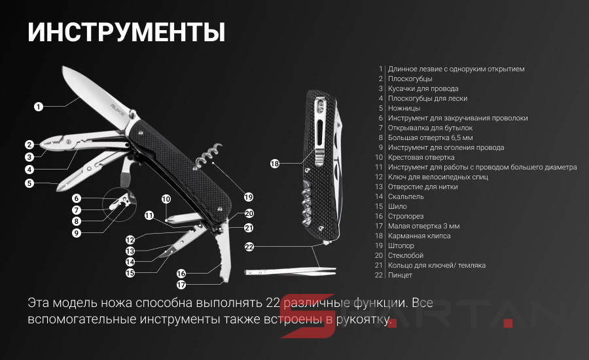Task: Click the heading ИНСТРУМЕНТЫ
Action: click(x=126, y=32)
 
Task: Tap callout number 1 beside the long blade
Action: click(x=39, y=107)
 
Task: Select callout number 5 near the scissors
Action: click(x=29, y=183)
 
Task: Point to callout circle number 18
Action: click(x=275, y=164)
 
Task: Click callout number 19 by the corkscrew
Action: click(x=248, y=197)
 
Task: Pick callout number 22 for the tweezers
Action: click(x=249, y=247)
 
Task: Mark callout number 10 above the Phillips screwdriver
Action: click(x=166, y=199)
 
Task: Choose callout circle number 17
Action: click(x=181, y=285)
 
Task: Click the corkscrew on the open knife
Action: click(x=208, y=154)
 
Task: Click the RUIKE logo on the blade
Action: click(x=118, y=109)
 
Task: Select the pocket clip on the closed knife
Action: click(x=320, y=131)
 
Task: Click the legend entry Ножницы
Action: click(x=404, y=108)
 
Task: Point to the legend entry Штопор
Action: click(x=401, y=245)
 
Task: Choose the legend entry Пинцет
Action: click(x=400, y=275)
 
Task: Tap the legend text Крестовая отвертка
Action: click(x=421, y=157)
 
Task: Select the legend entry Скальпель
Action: click(x=406, y=196)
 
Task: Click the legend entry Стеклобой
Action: click(x=406, y=255)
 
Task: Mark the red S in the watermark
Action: click(x=308, y=315)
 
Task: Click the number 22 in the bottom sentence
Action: click(x=273, y=303)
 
